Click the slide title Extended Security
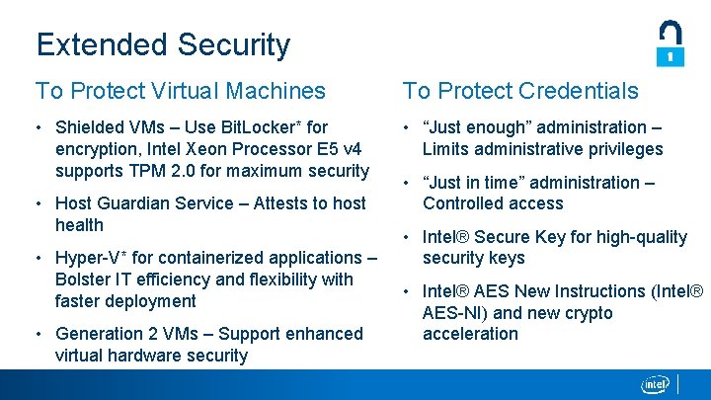(x=163, y=44)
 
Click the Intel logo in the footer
(x=655, y=384)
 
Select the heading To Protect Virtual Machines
(x=181, y=91)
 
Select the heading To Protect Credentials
(x=520, y=91)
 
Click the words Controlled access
(x=493, y=203)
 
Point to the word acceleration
(x=470, y=334)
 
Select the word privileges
(x=624, y=149)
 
